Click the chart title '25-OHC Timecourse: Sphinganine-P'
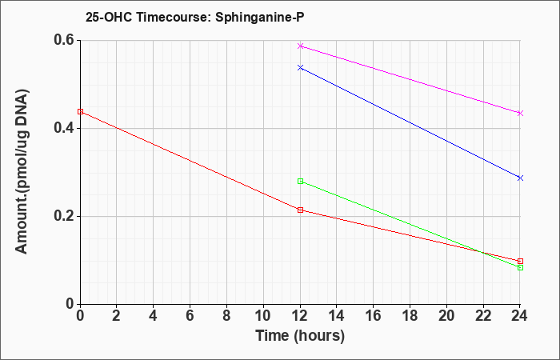[194, 17]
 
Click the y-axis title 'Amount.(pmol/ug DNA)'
[22, 171]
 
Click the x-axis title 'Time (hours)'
[300, 336]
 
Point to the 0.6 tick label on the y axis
[64, 40]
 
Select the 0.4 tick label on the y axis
[64, 128]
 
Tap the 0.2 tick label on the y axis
[64, 216]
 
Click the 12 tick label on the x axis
[300, 316]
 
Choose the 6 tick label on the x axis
[190, 316]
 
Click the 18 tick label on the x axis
[410, 316]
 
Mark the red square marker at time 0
[80, 111]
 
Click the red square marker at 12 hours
[300, 210]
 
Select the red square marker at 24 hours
[520, 261]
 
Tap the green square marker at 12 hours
[300, 181]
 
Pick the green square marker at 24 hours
[520, 267]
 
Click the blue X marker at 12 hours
[300, 67]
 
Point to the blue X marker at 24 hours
[520, 178]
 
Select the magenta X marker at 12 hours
[300, 46]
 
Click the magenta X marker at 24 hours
[520, 114]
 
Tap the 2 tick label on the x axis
[117, 316]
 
